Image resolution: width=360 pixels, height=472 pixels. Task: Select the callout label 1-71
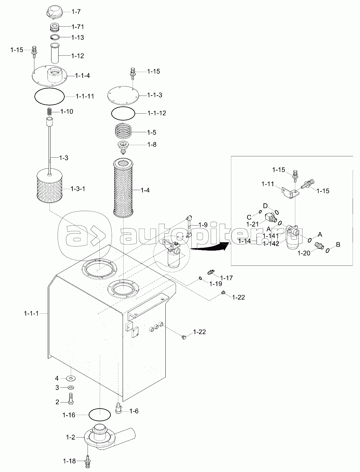(78, 26)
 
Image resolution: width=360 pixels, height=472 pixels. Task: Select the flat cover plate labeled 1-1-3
(123, 95)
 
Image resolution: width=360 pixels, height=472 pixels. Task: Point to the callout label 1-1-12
(157, 113)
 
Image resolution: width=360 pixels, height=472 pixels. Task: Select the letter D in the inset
(265, 206)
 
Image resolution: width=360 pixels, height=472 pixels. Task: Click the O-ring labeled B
(328, 250)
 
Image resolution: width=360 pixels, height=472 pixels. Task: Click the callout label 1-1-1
(31, 313)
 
